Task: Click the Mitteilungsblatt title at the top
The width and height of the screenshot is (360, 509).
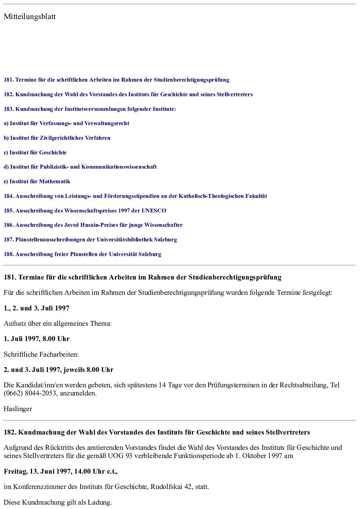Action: (30, 17)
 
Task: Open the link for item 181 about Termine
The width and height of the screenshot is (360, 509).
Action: (116, 80)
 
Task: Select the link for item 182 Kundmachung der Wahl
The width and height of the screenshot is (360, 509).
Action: (128, 95)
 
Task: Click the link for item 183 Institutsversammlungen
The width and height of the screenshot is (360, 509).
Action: (90, 109)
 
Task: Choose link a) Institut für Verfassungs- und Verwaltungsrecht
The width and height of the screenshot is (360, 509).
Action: (66, 123)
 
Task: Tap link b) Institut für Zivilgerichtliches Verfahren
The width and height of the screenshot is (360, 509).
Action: (57, 138)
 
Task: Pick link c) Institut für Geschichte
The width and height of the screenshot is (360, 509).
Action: (35, 153)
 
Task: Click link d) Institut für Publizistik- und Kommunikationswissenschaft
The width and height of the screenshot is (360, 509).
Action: (80, 167)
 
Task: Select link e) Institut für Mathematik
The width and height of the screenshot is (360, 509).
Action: (37, 182)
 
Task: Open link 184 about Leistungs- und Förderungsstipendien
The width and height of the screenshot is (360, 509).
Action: (135, 196)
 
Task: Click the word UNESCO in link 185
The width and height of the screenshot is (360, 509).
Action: (154, 211)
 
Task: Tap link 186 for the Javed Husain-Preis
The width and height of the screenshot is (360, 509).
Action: (93, 225)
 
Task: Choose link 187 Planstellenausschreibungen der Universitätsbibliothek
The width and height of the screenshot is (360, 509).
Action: (90, 240)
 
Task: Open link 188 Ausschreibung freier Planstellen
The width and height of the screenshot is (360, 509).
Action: (82, 254)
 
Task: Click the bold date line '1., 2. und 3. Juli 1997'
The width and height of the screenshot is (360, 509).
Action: (36, 308)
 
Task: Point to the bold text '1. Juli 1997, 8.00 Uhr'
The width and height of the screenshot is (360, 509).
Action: (36, 339)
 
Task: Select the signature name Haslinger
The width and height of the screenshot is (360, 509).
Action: (18, 409)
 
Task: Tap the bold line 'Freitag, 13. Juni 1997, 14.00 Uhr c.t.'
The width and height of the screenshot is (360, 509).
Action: (61, 472)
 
